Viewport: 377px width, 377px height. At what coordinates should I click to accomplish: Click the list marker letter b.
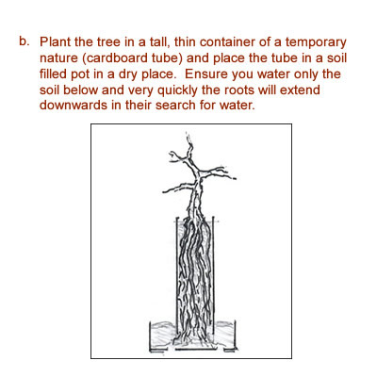[24, 41]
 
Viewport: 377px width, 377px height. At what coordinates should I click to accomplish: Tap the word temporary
[316, 43]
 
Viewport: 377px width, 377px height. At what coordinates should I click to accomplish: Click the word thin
[185, 41]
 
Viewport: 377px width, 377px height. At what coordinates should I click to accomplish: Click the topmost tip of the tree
[188, 134]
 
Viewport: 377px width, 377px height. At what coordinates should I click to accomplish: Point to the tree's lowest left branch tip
[164, 191]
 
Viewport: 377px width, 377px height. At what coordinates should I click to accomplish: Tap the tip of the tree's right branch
[235, 178]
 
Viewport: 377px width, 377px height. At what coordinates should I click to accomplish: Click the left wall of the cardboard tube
[177, 275]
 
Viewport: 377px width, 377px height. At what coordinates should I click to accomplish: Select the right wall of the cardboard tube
[214, 275]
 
